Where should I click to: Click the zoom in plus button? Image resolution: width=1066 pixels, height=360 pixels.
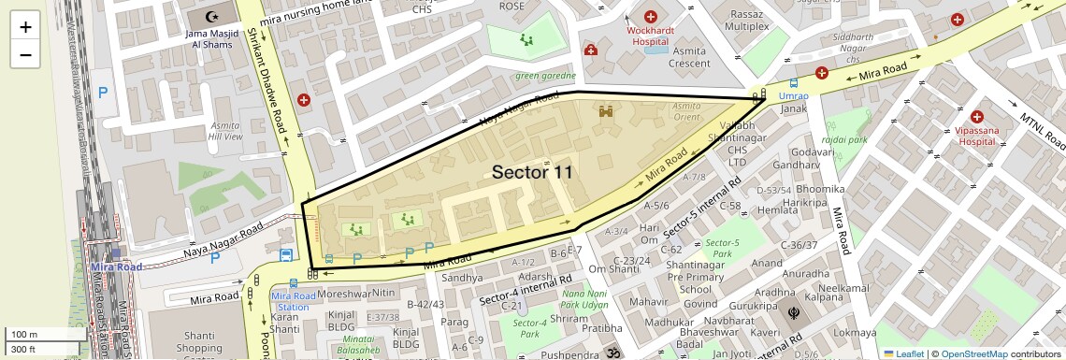pos(25,27)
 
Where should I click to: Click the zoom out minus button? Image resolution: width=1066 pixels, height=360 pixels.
pos(25,54)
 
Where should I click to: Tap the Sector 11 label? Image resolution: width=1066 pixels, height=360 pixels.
pos(532,172)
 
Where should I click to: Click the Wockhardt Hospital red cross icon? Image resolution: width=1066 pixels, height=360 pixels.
pos(650,17)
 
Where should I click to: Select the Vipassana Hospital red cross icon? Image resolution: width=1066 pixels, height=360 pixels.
pos(977,118)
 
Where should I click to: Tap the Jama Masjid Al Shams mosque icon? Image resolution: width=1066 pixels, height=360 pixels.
pos(208,18)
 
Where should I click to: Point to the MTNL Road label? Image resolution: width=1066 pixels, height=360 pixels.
pos(1041,132)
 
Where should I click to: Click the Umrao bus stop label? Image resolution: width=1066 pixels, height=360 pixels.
pos(793,95)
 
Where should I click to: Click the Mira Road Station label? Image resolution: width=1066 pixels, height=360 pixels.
pos(290,301)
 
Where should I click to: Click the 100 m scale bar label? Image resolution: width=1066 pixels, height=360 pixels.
pos(24,335)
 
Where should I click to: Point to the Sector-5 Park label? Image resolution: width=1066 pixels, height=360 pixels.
pos(721,248)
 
